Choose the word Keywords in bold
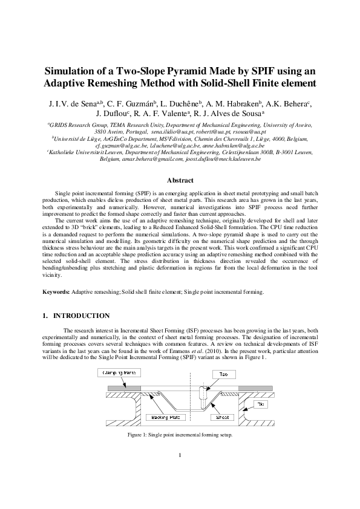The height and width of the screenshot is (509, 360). coord(56,292)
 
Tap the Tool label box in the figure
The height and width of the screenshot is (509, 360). coord(224,375)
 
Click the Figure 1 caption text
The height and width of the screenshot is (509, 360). coord(180,435)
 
